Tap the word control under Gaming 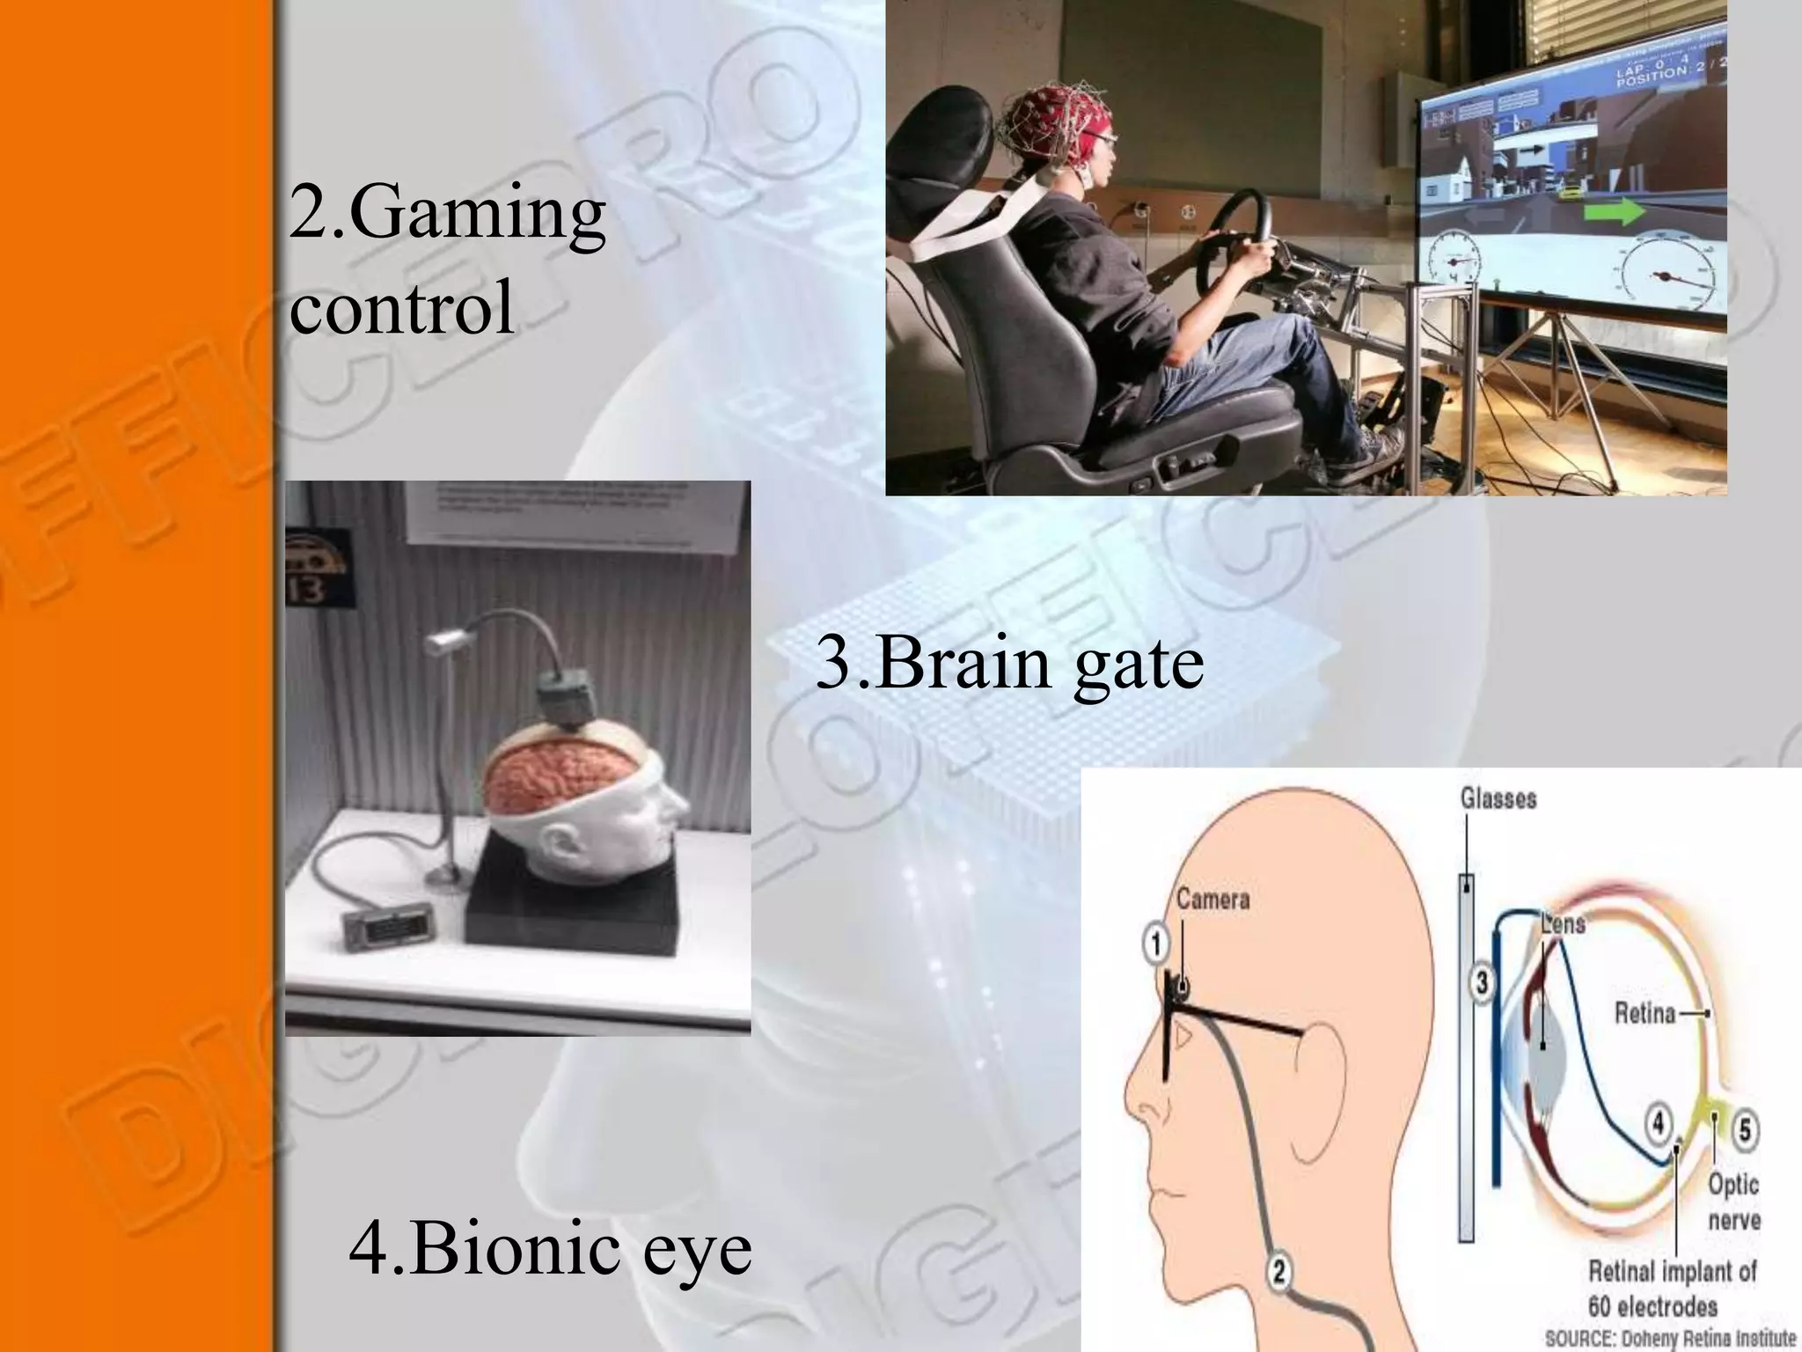[401, 306]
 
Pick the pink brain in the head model [546, 775]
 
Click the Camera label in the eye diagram [1212, 900]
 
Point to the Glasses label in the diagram [1498, 798]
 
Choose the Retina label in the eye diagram [1645, 1013]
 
